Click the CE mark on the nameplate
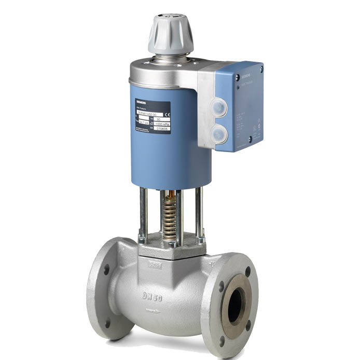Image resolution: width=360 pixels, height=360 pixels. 167,113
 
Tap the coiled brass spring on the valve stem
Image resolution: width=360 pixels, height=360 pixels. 170,218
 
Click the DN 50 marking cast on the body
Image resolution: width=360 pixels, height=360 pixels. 154,297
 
